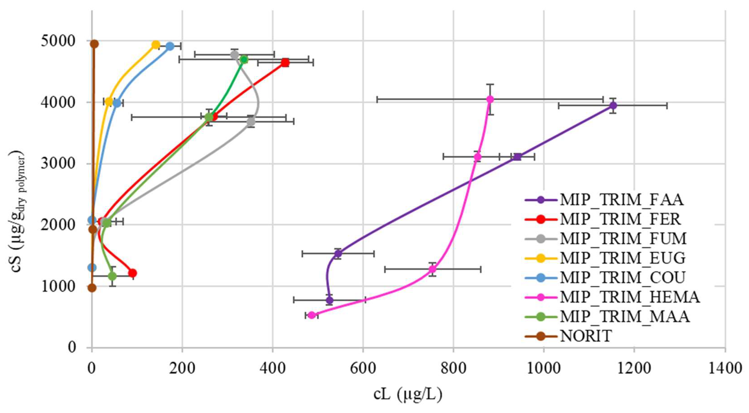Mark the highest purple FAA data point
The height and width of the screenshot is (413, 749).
click(x=613, y=106)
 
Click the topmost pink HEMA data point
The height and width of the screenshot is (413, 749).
click(x=490, y=99)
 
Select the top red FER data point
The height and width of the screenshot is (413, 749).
click(x=285, y=62)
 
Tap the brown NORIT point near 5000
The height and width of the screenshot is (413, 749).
click(x=94, y=44)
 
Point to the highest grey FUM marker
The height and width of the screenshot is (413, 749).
click(x=235, y=55)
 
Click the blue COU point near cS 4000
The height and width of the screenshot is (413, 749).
click(x=117, y=103)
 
